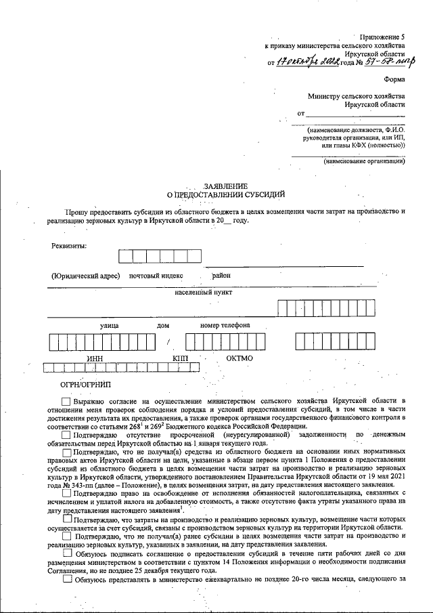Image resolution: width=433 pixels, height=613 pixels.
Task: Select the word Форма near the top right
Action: coord(394,78)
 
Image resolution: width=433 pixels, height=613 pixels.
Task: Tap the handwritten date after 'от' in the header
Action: coord(313,62)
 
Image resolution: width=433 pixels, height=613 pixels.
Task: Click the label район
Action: coord(221,276)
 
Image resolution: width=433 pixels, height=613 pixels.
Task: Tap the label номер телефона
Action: coord(225,325)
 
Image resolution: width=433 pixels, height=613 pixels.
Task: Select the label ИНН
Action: coord(95,358)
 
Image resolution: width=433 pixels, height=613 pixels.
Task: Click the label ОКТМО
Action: coord(240,358)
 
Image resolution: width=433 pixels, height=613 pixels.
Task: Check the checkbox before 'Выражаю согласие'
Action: coord(66,402)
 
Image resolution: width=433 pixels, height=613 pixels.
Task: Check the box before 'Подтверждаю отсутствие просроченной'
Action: coord(66,435)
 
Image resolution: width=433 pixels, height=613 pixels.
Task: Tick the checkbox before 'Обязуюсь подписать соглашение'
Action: coord(66,553)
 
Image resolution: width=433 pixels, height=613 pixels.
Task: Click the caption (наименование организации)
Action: coord(364,162)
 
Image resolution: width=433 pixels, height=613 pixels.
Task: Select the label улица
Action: coord(110,325)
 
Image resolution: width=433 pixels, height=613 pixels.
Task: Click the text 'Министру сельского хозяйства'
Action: coord(356,96)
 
